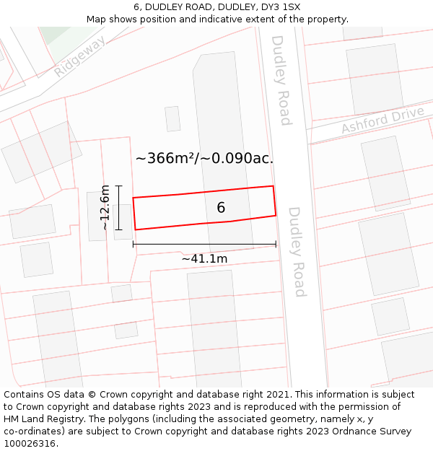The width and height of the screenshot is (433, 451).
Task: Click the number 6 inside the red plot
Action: click(x=221, y=208)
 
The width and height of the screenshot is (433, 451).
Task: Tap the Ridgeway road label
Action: click(x=79, y=56)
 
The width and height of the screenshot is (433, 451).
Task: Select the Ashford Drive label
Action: click(x=382, y=121)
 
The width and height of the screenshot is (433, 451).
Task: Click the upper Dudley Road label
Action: click(x=281, y=79)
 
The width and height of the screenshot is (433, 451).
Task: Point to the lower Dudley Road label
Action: click(x=297, y=252)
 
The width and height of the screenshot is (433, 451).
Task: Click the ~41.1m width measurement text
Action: click(x=204, y=258)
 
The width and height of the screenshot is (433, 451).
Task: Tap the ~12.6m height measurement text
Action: click(x=105, y=208)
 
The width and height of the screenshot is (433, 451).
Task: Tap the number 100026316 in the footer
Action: click(x=29, y=443)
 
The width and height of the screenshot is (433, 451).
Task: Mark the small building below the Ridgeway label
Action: click(x=172, y=119)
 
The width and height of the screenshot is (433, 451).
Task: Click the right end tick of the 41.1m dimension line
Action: click(x=276, y=245)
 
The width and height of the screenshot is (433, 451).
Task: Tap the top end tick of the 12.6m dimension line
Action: click(x=119, y=186)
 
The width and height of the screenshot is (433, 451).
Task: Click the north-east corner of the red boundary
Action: click(x=273, y=186)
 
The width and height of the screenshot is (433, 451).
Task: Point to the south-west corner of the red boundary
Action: click(x=136, y=229)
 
